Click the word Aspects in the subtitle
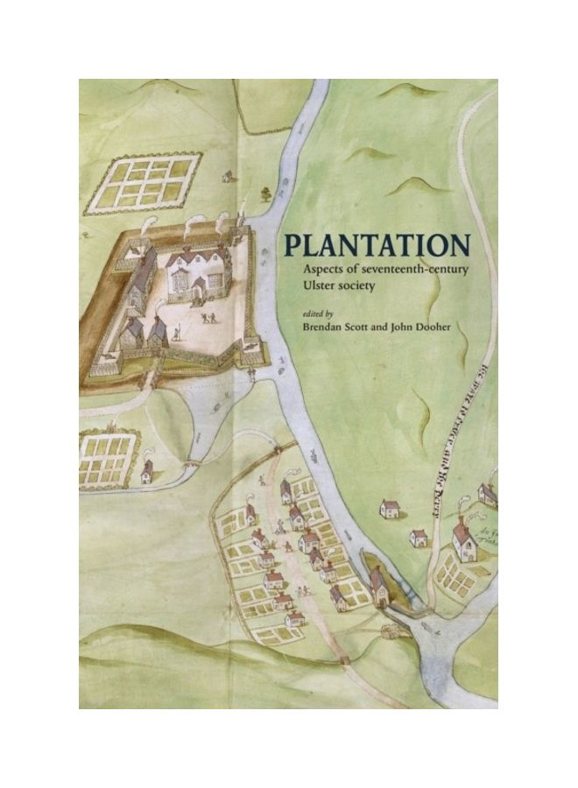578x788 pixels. click(324, 268)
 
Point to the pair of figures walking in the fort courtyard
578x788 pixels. click(208, 317)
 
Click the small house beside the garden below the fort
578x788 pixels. click(147, 471)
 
